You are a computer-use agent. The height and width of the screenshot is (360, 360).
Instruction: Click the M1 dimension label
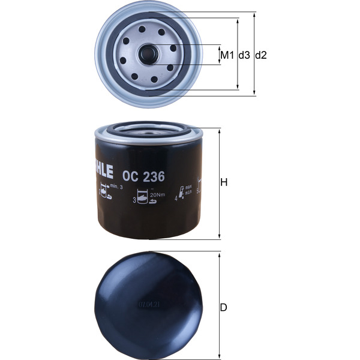coord(226,55)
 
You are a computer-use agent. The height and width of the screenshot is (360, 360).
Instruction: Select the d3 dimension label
coord(244,55)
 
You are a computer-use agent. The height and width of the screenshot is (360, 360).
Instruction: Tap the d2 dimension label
coord(260,55)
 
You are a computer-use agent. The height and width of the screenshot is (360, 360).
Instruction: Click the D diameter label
coord(224,308)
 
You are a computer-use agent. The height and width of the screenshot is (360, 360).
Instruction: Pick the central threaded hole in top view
coord(148,55)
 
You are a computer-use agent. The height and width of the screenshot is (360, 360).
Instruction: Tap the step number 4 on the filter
coord(176,197)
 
